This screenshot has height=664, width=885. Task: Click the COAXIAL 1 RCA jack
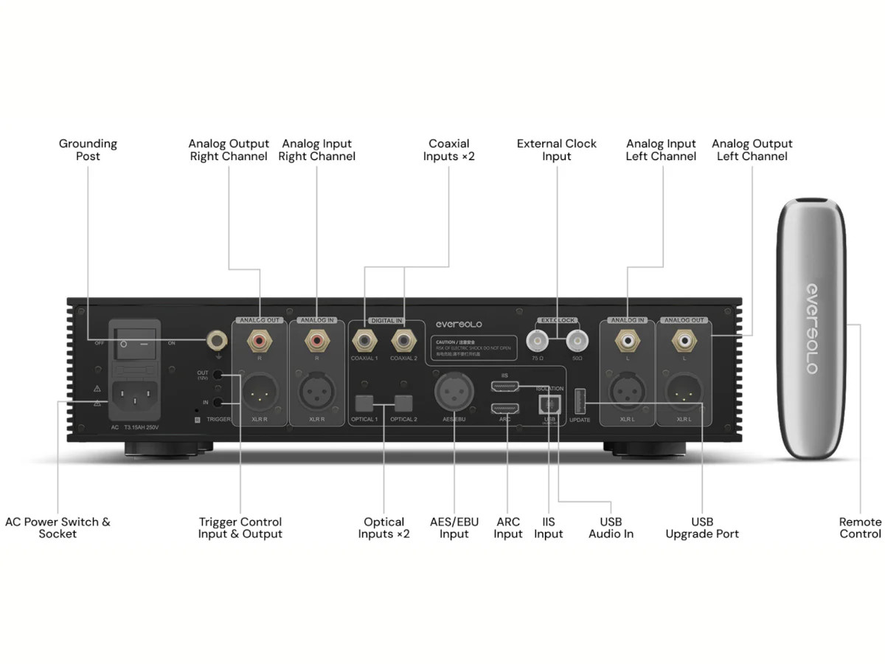pyautogui.click(x=365, y=341)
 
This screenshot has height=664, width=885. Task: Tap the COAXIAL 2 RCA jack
pyautogui.click(x=403, y=341)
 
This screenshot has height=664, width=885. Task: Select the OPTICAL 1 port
pyautogui.click(x=365, y=403)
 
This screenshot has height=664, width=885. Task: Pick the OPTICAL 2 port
pyautogui.click(x=403, y=403)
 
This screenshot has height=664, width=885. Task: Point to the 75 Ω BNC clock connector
pyautogui.click(x=537, y=340)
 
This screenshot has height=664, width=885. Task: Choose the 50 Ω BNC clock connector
pyautogui.click(x=577, y=340)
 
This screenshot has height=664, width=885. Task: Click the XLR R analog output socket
pyautogui.click(x=260, y=393)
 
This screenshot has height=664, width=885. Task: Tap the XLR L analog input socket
pyautogui.click(x=627, y=393)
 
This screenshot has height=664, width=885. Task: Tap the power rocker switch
pyautogui.click(x=134, y=344)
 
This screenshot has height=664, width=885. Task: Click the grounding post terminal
pyautogui.click(x=216, y=340)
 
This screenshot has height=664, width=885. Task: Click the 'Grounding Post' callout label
pyautogui.click(x=88, y=150)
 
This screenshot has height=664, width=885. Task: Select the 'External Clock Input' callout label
pyautogui.click(x=557, y=150)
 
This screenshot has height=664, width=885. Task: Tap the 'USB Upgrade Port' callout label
pyautogui.click(x=702, y=528)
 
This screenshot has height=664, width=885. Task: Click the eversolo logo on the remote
pyautogui.click(x=811, y=328)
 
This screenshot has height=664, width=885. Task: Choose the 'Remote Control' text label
pyautogui.click(x=860, y=528)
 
